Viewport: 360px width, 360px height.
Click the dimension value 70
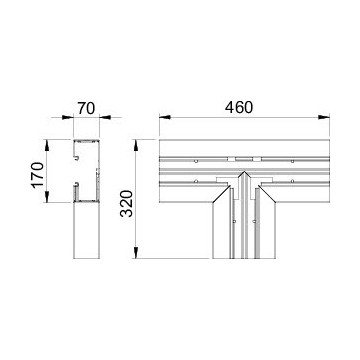(86, 109)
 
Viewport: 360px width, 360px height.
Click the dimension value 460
(239, 107)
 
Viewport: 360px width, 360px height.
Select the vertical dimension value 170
(37, 175)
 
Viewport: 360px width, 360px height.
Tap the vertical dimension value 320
(127, 203)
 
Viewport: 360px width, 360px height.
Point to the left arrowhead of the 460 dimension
(165, 117)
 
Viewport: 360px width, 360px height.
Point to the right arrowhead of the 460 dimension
(324, 117)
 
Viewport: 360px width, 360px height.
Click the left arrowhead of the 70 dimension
(68, 117)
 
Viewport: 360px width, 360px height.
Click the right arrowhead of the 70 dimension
(105, 117)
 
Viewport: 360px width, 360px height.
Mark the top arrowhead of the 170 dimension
(47, 145)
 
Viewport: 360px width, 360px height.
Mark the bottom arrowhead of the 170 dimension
(47, 197)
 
